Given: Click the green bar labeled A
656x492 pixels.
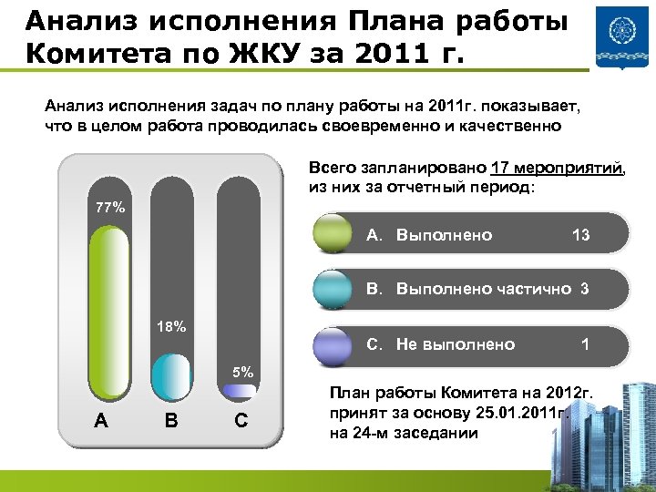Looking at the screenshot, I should pyautogui.click(x=108, y=312).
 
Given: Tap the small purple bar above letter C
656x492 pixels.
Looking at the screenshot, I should pyautogui.click(x=239, y=391).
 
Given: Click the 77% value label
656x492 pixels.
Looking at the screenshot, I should pyautogui.click(x=111, y=208).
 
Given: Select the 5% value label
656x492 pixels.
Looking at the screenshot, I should pyautogui.click(x=242, y=372).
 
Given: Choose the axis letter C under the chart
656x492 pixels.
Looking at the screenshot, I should pyautogui.click(x=240, y=420).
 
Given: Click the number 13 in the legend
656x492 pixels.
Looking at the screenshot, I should pyautogui.click(x=580, y=235).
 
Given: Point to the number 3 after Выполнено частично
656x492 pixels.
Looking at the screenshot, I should pyautogui.click(x=584, y=290).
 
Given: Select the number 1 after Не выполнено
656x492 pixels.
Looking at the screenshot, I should pyautogui.click(x=584, y=344).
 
